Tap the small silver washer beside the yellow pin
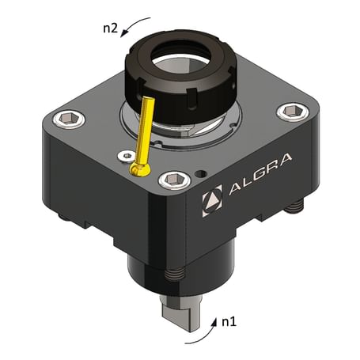[124, 157]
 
